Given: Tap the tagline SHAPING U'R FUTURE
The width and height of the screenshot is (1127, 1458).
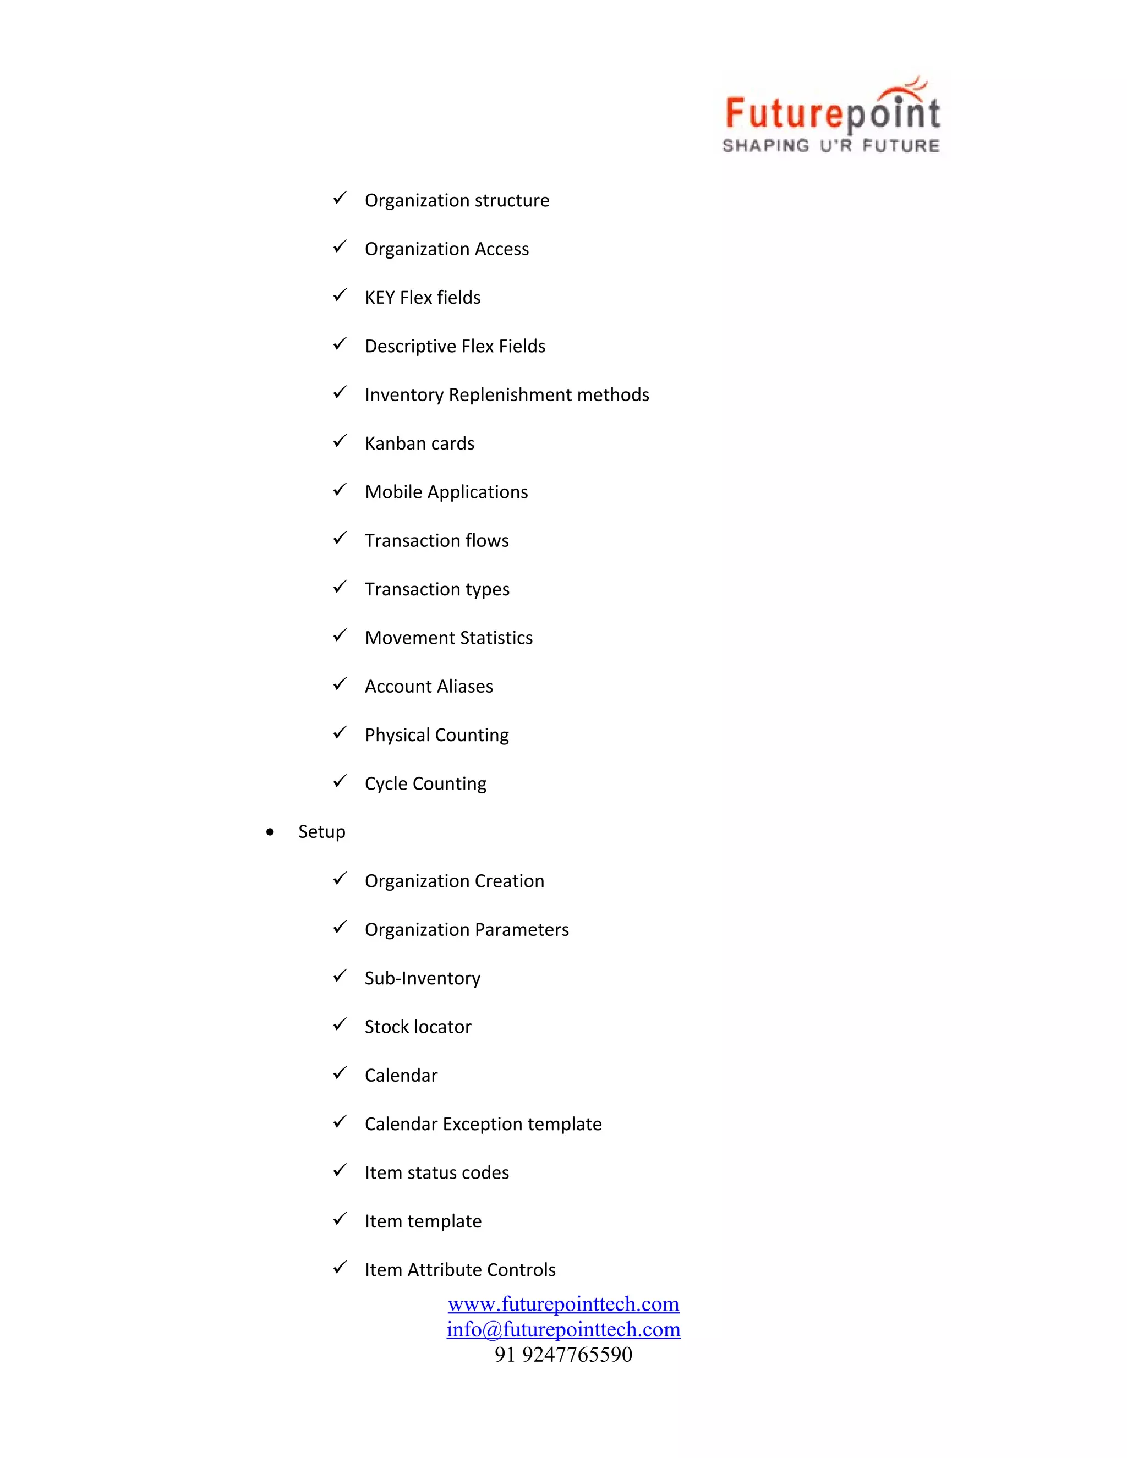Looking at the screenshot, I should coord(831,146).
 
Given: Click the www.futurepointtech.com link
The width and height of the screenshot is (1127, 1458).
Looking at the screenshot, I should coord(563,1304).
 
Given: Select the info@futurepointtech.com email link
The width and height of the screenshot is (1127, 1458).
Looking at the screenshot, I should coord(563,1329).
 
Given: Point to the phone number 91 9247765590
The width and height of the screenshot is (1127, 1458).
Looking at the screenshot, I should coord(563,1355).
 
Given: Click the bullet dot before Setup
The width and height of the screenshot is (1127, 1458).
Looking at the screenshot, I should coord(270,832).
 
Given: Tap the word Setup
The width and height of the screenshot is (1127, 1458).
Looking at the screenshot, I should coord(322,832).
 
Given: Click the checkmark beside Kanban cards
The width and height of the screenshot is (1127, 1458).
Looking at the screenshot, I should coord(340,441).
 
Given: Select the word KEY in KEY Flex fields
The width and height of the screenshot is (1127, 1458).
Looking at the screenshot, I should coord(380,298).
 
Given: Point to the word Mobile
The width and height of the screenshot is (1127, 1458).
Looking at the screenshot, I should coord(393,492).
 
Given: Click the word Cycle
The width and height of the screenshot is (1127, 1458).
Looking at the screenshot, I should coord(386,783).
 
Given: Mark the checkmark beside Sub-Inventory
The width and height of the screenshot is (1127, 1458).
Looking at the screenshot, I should coord(340,976).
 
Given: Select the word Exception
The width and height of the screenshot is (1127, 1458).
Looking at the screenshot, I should coord(485,1124).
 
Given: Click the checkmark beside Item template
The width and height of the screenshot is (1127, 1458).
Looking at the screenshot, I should coord(340,1219).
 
